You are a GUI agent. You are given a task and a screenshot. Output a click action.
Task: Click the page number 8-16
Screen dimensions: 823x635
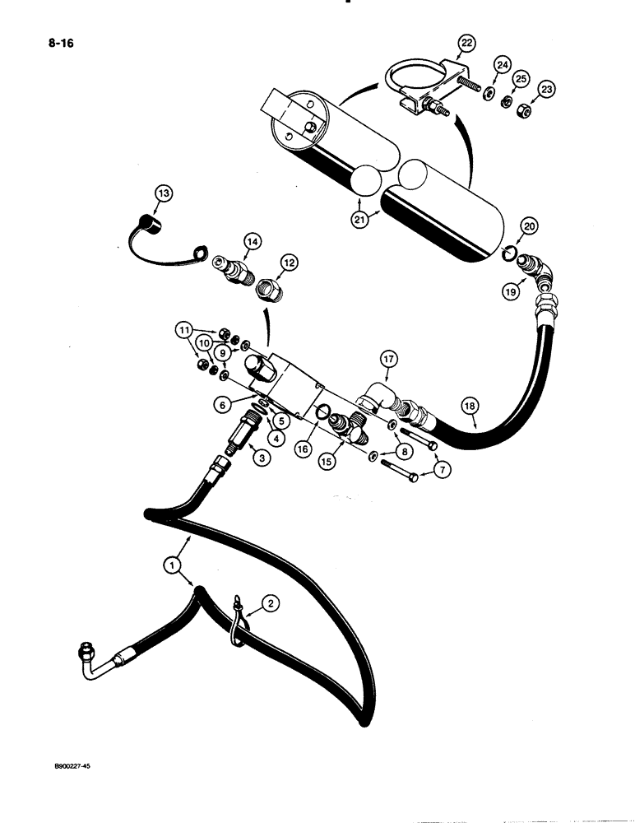39,42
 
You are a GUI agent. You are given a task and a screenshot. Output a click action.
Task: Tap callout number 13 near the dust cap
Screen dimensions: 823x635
165,193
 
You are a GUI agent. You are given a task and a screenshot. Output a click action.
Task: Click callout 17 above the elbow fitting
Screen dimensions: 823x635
387,358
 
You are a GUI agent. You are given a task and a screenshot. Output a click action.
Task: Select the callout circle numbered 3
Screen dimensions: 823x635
262,458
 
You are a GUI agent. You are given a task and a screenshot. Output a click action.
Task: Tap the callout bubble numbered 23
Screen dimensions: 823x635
545,90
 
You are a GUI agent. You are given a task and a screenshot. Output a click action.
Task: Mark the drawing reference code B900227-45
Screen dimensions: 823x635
63,765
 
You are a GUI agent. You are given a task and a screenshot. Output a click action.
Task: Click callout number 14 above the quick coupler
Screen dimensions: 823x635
250,242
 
